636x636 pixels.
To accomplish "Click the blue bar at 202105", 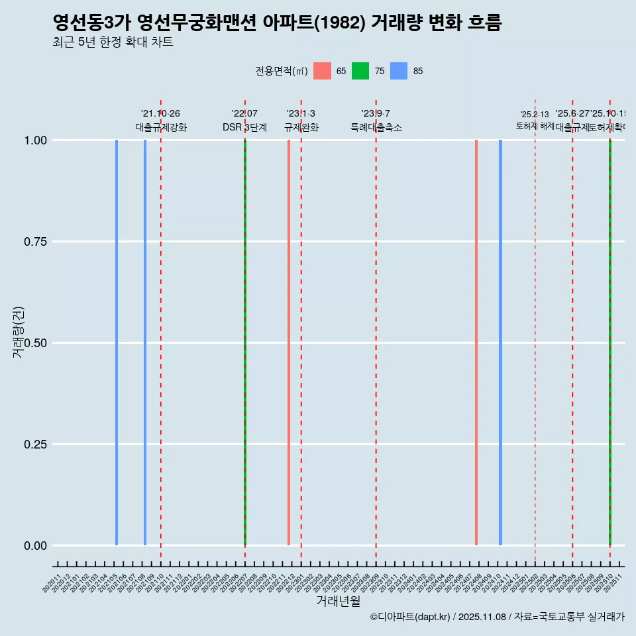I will (x=117, y=343).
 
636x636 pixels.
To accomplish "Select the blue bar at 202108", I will (x=145, y=343).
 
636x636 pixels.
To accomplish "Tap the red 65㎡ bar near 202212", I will (x=289, y=343).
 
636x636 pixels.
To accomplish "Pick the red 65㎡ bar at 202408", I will (x=476, y=343).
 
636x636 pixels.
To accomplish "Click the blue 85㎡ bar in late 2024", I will (x=500, y=343).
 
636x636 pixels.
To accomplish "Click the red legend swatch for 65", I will (x=322, y=71).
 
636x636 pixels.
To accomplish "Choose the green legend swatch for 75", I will (x=360, y=71).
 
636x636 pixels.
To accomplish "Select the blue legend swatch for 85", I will (x=399, y=71).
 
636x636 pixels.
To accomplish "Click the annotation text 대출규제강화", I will (x=161, y=127).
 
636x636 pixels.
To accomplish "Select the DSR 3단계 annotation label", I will (x=244, y=127).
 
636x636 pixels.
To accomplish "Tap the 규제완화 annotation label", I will (x=301, y=127).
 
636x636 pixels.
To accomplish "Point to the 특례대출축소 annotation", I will (x=376, y=127).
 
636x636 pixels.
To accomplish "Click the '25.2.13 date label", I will (x=535, y=115).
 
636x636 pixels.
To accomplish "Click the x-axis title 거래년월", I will (x=339, y=601).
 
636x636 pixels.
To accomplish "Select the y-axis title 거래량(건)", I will (x=18, y=333).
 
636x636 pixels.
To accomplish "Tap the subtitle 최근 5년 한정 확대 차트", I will (x=113, y=42).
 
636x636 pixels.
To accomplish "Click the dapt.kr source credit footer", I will (x=497, y=617).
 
